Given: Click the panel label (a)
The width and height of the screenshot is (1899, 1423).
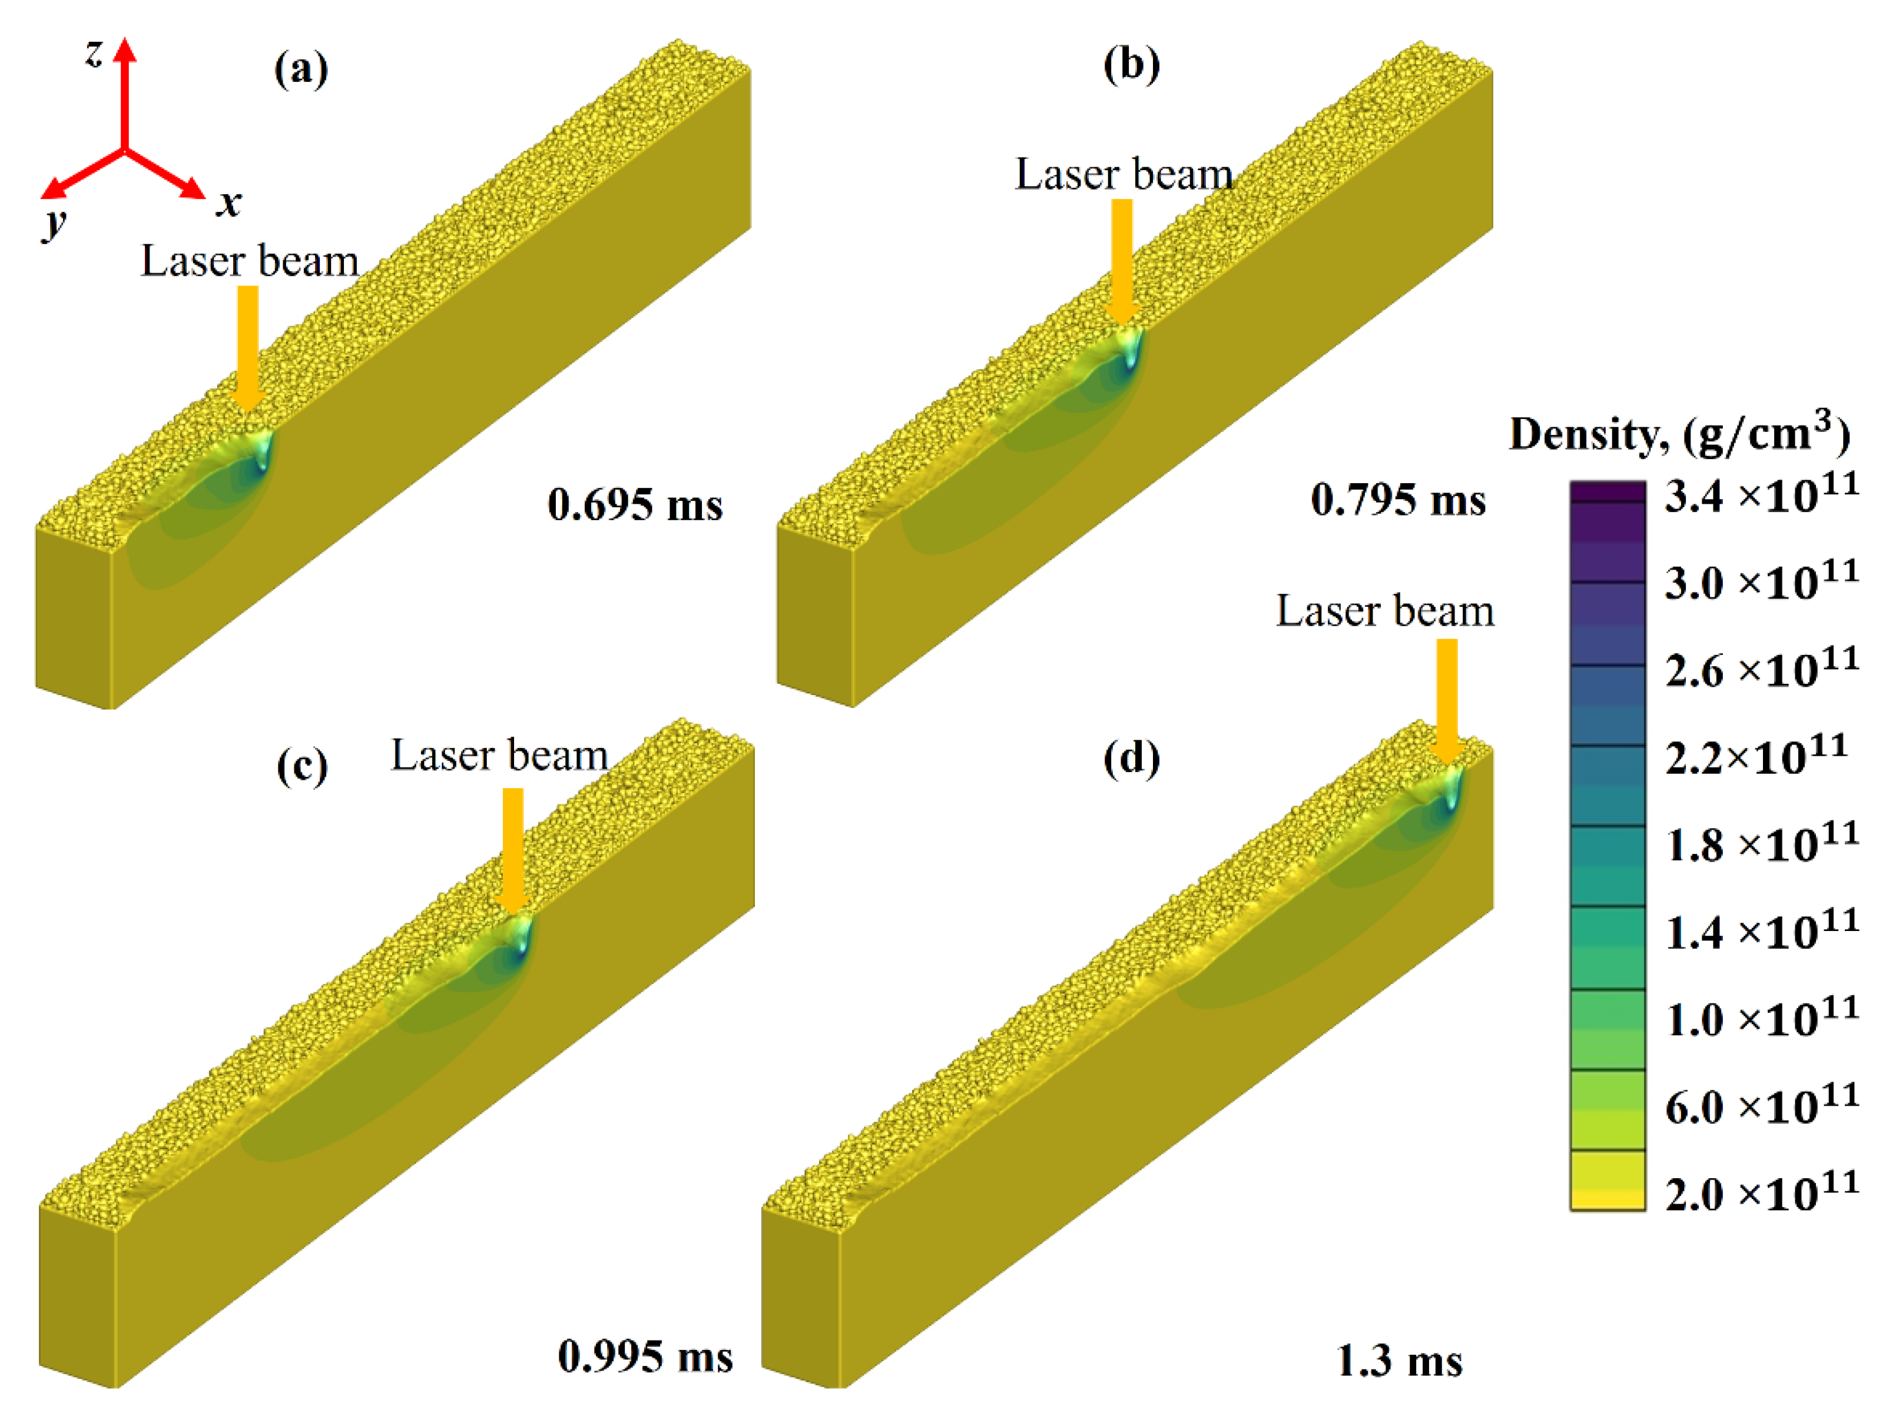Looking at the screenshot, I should click(300, 69).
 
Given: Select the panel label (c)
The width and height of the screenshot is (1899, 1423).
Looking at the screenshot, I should click(301, 764).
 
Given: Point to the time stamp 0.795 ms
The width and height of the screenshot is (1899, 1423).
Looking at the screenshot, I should click(1398, 500).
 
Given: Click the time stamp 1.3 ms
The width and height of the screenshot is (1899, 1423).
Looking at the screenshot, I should click(1399, 1361).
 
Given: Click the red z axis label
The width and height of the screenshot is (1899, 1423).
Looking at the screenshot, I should click(94, 53).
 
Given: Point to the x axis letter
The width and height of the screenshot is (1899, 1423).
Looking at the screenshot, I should click(228, 204).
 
